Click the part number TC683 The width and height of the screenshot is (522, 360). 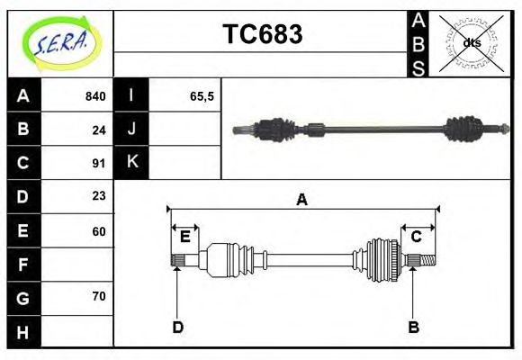[262, 35]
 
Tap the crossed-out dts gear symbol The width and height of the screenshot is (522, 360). [471, 42]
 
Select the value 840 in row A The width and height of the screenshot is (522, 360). [94, 96]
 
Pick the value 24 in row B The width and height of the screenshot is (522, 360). [98, 130]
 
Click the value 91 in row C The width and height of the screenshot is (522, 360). [98, 163]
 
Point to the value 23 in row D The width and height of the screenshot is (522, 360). [98, 195]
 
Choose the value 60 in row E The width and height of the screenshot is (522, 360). [98, 231]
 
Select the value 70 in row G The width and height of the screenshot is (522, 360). [98, 296]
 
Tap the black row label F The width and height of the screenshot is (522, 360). [23, 265]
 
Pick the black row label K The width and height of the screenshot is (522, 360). [131, 162]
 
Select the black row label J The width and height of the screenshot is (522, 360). [131, 129]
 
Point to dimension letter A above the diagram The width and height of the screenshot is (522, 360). [301, 200]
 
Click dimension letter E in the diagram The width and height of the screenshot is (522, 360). [184, 237]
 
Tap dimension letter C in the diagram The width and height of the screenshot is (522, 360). [417, 237]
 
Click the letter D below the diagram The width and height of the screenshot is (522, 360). [177, 327]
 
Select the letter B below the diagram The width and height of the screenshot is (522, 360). [413, 327]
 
